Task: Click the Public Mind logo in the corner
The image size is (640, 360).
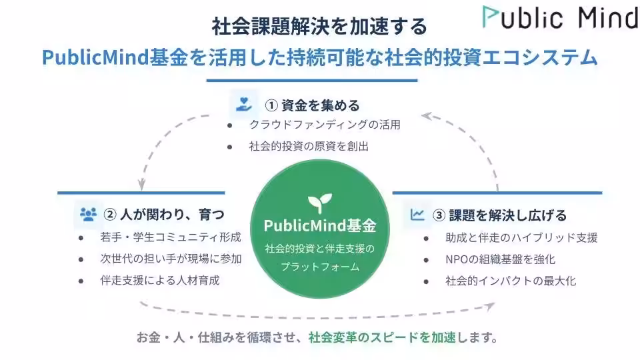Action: pyautogui.click(x=560, y=18)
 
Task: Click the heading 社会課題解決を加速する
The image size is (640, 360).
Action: pyautogui.click(x=319, y=27)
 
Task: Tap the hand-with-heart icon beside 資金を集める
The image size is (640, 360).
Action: pyautogui.click(x=242, y=104)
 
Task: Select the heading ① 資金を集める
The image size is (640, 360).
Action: pyautogui.click(x=312, y=105)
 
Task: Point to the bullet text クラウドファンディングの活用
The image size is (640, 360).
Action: pyautogui.click(x=325, y=125)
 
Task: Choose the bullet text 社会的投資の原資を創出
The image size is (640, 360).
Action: pyautogui.click(x=309, y=146)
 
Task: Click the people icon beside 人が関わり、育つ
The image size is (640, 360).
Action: pyautogui.click(x=87, y=214)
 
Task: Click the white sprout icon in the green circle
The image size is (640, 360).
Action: pyautogui.click(x=319, y=202)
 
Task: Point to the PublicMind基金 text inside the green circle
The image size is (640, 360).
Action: pyautogui.click(x=320, y=225)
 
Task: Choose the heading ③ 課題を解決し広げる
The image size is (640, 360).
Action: pyautogui.click(x=499, y=215)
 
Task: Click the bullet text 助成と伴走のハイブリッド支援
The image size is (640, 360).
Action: pyautogui.click(x=521, y=237)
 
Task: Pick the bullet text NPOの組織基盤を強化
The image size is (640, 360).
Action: pyautogui.click(x=500, y=259)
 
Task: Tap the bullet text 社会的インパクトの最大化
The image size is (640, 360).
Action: pyautogui.click(x=511, y=281)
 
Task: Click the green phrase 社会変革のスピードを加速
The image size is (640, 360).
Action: pyautogui.click(x=382, y=337)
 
